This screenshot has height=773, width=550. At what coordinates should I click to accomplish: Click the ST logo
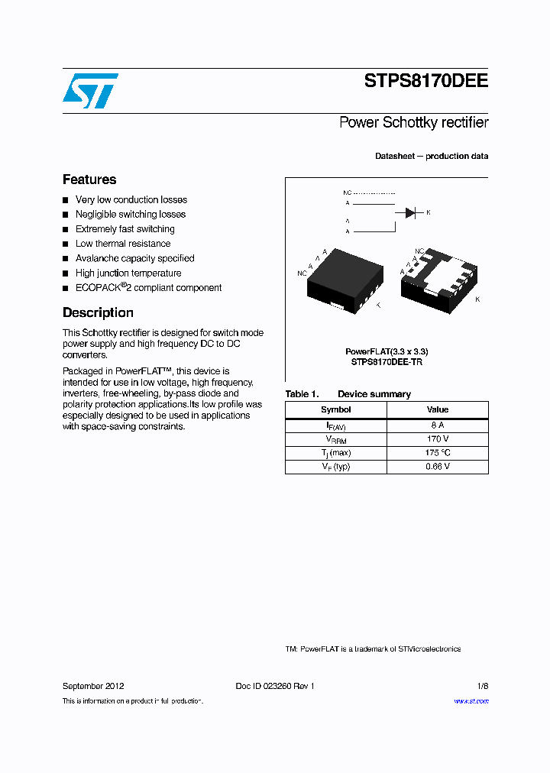(90, 91)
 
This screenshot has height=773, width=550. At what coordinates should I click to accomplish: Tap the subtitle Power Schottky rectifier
(413, 122)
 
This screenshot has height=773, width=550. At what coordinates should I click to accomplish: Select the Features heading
(89, 180)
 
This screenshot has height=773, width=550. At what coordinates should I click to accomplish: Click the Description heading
(98, 312)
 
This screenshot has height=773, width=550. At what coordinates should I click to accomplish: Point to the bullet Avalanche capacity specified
(134, 258)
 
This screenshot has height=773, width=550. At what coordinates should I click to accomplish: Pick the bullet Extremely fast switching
(125, 229)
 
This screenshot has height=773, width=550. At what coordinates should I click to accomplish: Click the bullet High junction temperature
(128, 273)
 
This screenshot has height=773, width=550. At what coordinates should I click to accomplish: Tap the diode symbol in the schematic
(410, 212)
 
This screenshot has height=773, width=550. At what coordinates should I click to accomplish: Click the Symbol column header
(335, 409)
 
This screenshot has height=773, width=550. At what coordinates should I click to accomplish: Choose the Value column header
(438, 409)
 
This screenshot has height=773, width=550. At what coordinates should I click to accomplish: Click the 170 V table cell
(438, 438)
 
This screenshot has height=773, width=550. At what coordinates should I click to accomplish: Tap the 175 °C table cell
(438, 452)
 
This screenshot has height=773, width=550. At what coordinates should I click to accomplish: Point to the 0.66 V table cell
(438, 466)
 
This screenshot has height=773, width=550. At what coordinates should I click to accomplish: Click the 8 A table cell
(438, 425)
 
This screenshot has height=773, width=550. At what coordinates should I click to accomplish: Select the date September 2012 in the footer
(93, 686)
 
